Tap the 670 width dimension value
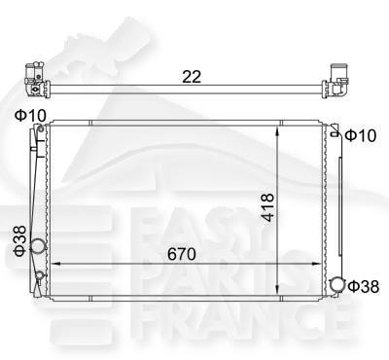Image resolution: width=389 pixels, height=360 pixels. (181, 255)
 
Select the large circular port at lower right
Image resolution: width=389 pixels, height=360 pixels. (336, 285)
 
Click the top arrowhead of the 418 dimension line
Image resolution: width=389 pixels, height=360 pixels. (280, 129)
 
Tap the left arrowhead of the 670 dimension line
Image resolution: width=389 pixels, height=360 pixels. (53, 264)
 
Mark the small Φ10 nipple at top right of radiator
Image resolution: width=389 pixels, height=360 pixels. (336, 134)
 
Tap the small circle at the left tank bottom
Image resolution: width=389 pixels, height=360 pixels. (39, 275)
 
